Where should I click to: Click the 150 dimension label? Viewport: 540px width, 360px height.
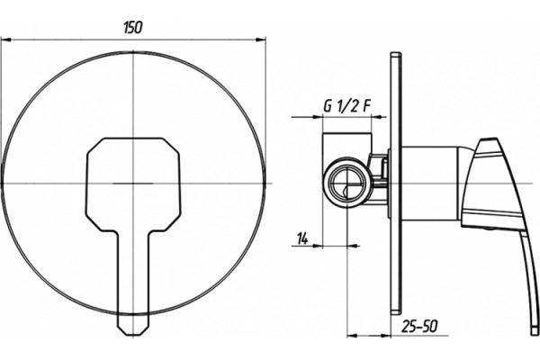pos(132,28)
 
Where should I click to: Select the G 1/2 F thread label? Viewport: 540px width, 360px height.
pos(347,107)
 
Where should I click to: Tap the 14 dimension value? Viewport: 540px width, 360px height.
pos(302,238)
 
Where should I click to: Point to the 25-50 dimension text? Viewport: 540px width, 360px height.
pos(419,327)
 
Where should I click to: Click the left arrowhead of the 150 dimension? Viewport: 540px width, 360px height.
pos(6,40)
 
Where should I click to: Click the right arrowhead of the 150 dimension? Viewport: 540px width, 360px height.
pos(261,40)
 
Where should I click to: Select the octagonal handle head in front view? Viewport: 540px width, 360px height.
pos(133,184)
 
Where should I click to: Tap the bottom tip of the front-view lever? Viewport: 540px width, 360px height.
pos(133,335)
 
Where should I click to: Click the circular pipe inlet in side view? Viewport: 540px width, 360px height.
pos(347,182)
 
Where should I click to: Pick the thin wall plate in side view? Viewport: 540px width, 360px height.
pos(396,183)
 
